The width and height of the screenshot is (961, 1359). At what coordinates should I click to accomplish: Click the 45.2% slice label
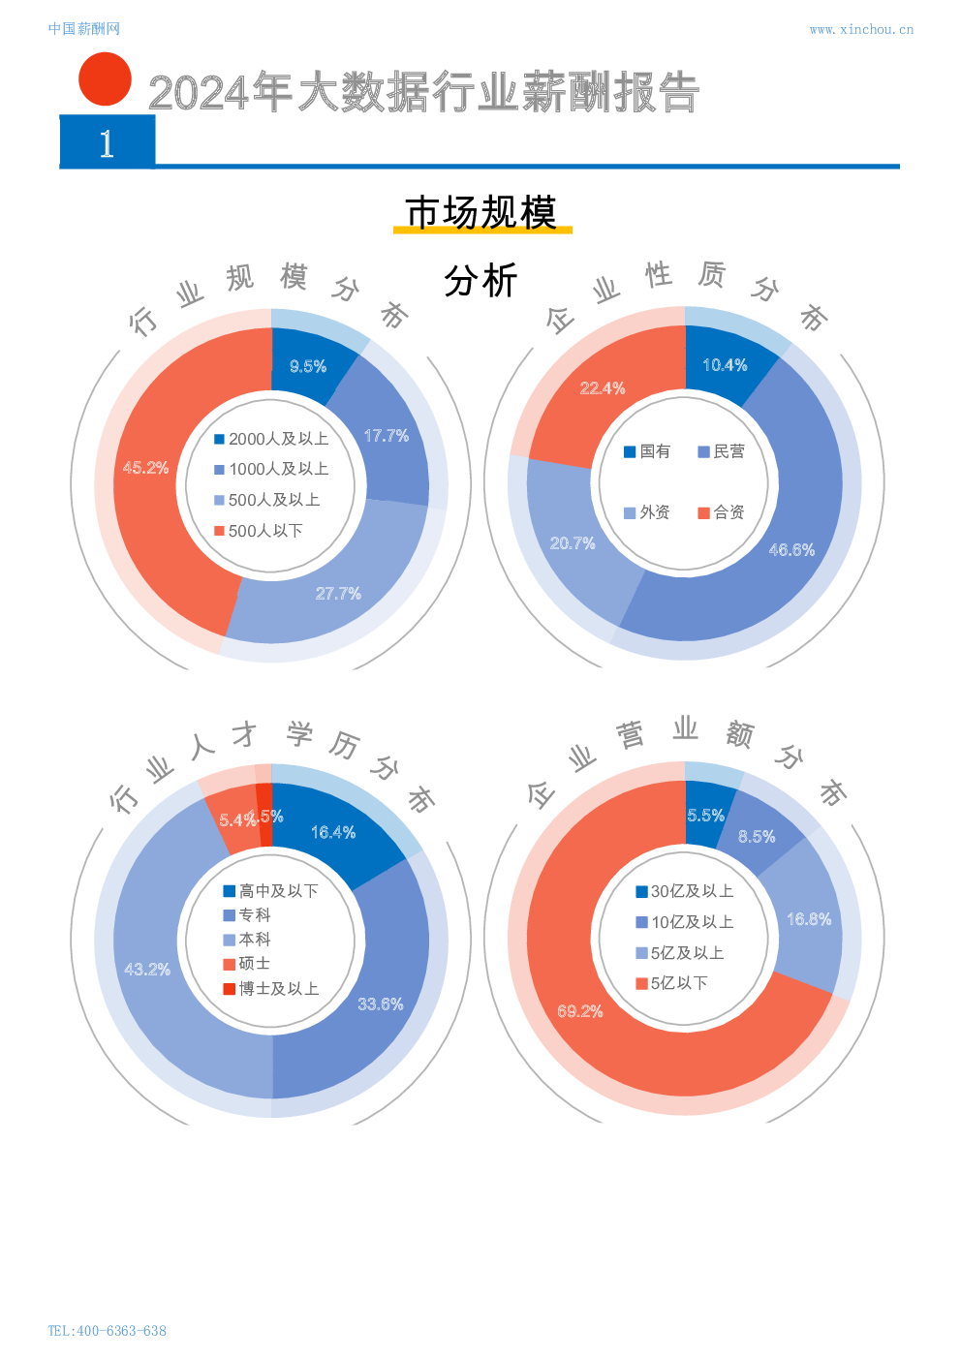tap(145, 468)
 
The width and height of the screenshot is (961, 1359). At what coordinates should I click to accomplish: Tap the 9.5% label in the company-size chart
tap(308, 366)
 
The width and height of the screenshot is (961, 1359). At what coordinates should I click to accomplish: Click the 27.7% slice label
tap(338, 594)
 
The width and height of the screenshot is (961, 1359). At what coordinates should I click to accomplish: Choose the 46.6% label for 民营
tap(791, 550)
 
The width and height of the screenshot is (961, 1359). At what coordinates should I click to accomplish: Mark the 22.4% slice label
tap(603, 388)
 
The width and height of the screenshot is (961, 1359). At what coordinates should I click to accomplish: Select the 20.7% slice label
tap(573, 543)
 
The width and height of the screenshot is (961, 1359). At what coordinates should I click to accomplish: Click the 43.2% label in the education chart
tap(147, 970)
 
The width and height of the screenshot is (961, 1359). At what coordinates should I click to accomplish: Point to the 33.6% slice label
tap(381, 1004)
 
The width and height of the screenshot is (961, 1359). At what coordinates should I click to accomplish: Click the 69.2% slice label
tap(580, 1011)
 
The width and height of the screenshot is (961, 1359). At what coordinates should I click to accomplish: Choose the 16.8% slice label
tap(809, 919)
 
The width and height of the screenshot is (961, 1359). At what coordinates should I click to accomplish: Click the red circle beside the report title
tap(105, 79)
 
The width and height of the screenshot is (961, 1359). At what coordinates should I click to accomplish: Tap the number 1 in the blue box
tap(107, 143)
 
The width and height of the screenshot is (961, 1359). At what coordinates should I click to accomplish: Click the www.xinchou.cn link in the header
tap(861, 30)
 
